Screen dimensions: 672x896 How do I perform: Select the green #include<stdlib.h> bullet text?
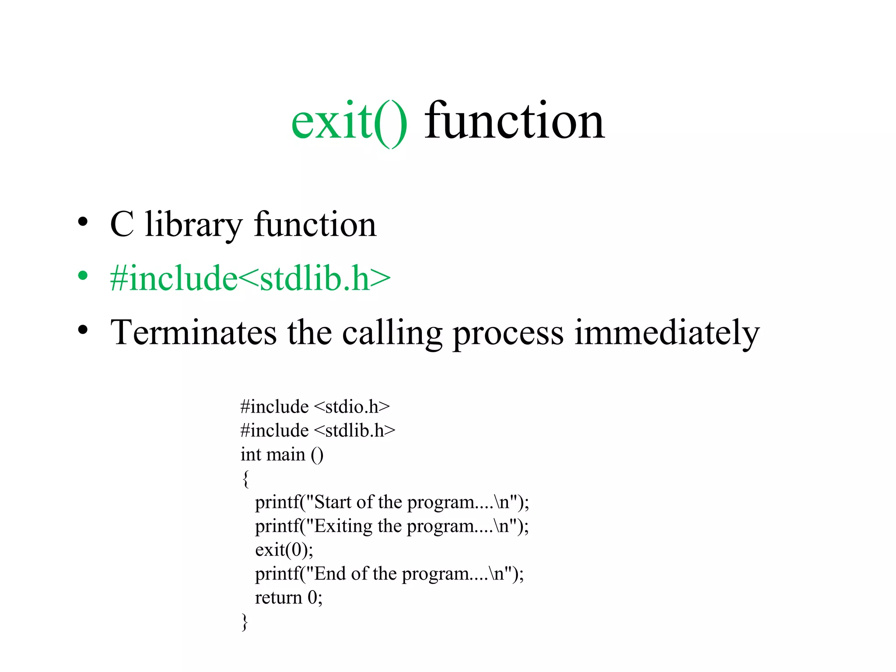click(x=250, y=278)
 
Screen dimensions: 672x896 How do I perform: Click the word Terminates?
click(x=193, y=332)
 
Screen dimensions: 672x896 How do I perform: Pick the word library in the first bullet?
click(x=193, y=225)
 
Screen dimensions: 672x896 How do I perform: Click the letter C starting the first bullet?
click(x=122, y=225)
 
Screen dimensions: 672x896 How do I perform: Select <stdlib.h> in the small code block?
click(x=354, y=430)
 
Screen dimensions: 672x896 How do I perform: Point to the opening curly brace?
click(x=245, y=479)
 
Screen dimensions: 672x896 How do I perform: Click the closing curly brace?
click(x=245, y=622)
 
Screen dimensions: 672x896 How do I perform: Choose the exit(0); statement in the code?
click(x=284, y=550)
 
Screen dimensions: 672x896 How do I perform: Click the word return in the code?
click(x=278, y=598)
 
